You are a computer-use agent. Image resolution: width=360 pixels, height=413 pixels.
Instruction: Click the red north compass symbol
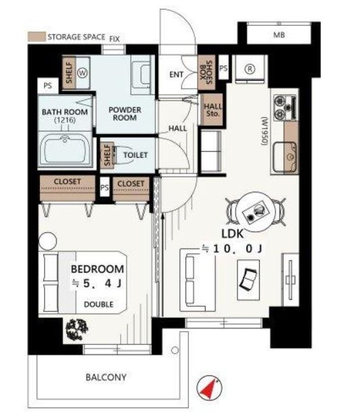point(210,388)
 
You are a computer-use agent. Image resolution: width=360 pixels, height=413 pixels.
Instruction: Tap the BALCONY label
point(106,377)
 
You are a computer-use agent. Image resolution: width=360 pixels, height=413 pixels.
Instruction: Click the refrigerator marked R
point(250,69)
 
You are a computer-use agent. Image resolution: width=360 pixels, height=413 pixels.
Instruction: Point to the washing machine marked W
point(83,72)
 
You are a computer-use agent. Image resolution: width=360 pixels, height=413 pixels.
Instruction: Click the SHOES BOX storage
point(206,72)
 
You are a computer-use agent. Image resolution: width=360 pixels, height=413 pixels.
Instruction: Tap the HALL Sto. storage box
point(212,110)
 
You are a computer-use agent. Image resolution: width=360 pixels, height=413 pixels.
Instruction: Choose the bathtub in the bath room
point(65,148)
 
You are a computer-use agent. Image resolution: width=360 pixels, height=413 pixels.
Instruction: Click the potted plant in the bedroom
point(77,330)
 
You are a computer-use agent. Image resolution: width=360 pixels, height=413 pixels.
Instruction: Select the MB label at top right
point(279,35)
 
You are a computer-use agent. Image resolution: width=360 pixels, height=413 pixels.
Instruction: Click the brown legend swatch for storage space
point(37,37)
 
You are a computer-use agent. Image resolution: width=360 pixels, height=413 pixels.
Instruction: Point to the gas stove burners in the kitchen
point(286,108)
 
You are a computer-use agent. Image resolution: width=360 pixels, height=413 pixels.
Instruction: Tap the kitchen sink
point(285,156)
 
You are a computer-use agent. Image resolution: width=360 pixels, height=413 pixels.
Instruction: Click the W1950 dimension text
point(264,131)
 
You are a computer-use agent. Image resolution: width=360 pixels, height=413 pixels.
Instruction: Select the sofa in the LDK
point(198,280)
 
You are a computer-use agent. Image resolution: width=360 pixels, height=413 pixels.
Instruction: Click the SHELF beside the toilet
point(107,156)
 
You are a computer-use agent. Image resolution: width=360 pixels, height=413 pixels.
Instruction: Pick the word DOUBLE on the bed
point(98,305)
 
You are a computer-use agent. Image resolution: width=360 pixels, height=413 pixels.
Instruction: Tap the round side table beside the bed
point(47,241)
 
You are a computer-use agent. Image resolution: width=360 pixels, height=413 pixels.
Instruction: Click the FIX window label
point(114,39)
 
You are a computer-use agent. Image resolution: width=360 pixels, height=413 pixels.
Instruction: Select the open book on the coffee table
point(248,279)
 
